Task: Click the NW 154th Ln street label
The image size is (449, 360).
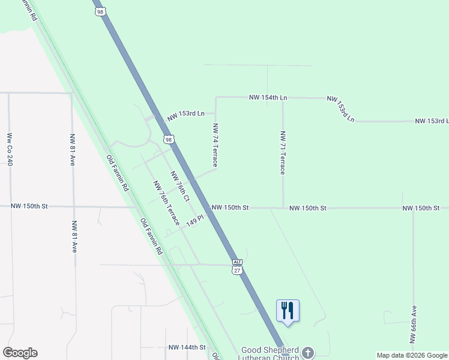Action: click(x=268, y=97)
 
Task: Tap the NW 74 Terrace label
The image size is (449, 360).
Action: click(x=215, y=145)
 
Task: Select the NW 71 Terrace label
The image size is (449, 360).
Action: click(x=282, y=153)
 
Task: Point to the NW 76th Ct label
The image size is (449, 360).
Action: click(x=180, y=186)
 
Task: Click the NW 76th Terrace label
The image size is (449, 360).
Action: click(x=166, y=203)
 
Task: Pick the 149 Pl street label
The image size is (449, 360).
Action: click(x=196, y=220)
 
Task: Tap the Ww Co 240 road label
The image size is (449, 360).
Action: click(x=10, y=149)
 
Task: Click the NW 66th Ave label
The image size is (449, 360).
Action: click(x=414, y=324)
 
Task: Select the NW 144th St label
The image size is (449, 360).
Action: click(x=187, y=347)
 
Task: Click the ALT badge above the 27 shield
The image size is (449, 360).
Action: click(x=237, y=263)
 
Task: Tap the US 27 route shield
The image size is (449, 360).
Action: click(x=237, y=271)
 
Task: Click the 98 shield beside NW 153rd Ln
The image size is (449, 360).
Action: click(x=169, y=140)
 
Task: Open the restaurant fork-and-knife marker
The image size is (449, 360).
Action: click(x=288, y=311)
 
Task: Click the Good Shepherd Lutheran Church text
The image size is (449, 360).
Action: click(x=270, y=353)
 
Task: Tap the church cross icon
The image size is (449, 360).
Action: click(x=308, y=352)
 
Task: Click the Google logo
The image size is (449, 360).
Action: click(x=20, y=353)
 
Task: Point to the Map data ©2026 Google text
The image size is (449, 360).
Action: click(x=411, y=355)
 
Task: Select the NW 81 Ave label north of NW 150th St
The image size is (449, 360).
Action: click(x=73, y=149)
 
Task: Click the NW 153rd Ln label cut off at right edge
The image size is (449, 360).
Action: click(x=432, y=121)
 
